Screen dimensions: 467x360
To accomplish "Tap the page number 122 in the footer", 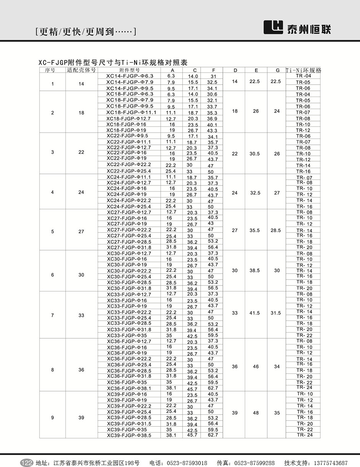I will pos(26,463).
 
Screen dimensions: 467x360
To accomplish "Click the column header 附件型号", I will pos(129,70).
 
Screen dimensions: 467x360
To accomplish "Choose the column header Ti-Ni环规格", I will pos(303,70).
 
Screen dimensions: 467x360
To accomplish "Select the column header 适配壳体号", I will pos(81,70).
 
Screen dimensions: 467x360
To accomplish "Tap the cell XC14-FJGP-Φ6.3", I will pos(129,76).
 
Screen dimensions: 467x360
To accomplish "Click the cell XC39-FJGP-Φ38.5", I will pos(129,435).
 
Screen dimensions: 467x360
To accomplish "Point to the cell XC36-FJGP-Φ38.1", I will pos(129,388).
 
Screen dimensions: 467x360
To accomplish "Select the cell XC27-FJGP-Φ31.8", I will pos(129,247).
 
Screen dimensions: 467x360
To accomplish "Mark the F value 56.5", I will pos(213,288).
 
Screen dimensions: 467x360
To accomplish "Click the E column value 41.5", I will pos(255,313).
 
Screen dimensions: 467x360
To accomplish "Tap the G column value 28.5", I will pos(275,230).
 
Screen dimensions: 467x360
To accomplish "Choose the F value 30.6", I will pos(212,94).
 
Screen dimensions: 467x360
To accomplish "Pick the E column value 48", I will pos(256,413).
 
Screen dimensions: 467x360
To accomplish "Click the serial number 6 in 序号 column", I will pos(52,275).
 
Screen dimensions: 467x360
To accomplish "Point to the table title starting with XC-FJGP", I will pos(113,62).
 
